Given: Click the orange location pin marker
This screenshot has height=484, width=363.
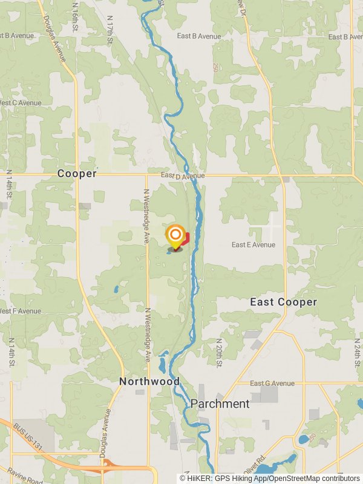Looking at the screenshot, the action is coord(175,235).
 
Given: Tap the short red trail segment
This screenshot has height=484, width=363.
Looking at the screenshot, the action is coord(185,238).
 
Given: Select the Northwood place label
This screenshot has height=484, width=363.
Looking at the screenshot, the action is coord(149,381).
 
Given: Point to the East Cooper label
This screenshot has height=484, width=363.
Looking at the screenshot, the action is coord(283,302).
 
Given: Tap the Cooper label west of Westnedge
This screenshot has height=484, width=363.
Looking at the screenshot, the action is coord(77,174).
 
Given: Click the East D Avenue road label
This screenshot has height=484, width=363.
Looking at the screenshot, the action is coord(183,175).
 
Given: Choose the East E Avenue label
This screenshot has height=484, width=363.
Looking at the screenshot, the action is coord(253,245).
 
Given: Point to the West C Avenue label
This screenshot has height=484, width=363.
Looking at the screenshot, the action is coord(21,103).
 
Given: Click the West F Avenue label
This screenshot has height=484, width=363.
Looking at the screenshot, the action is coord(21,311).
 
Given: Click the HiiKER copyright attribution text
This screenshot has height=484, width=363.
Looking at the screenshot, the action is coord(270,479).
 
